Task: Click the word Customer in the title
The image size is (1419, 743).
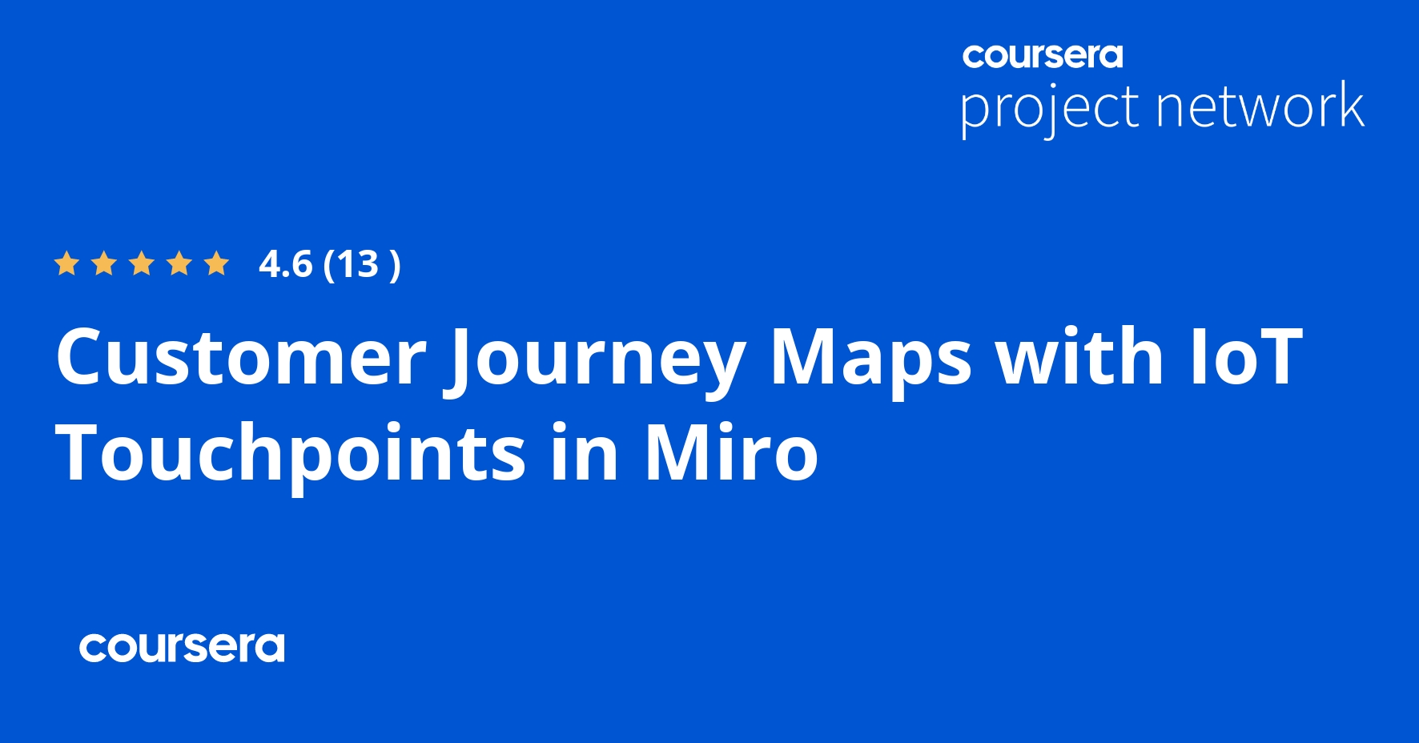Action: coord(240,357)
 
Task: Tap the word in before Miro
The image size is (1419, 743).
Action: coord(585,453)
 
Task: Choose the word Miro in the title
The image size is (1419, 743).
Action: coord(731,453)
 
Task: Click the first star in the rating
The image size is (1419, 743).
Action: coord(66,263)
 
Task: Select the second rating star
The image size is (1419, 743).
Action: coord(104,263)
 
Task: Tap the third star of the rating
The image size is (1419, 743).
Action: coord(142,263)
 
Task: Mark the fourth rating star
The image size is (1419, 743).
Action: coord(179,263)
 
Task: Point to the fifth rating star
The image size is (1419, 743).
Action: coord(216,263)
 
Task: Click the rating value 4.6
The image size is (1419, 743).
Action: coord(285,264)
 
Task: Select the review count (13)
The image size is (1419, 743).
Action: coord(361,264)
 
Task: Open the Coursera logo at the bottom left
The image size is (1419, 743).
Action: coord(182,647)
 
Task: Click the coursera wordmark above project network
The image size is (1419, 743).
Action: coord(1043,56)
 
